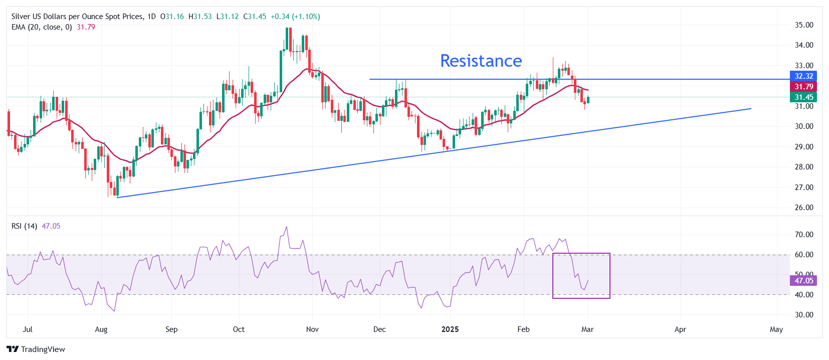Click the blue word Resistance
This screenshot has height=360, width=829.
[x=481, y=61]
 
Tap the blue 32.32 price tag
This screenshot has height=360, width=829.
[x=803, y=76]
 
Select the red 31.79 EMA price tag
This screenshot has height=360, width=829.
[x=803, y=87]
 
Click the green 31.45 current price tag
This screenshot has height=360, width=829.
[x=803, y=97]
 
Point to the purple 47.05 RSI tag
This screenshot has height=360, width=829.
[x=803, y=281]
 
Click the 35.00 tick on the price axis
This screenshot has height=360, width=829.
[x=804, y=25]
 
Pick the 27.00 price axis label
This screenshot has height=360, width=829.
[x=804, y=188]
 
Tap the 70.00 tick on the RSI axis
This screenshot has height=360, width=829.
[x=804, y=235]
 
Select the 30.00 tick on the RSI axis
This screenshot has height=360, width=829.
[x=804, y=315]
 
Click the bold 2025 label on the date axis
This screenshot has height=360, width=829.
[x=450, y=329]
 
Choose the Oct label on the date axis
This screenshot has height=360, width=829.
[x=239, y=329]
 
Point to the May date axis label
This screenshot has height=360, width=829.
[x=776, y=329]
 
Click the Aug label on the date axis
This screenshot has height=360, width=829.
[x=101, y=329]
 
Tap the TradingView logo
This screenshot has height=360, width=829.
[x=36, y=349]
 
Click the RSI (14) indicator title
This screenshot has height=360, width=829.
[x=24, y=226]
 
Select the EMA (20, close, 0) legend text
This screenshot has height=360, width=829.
[x=42, y=27]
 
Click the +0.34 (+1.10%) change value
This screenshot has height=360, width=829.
[x=295, y=17]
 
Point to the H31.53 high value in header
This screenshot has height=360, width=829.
[x=200, y=17]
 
